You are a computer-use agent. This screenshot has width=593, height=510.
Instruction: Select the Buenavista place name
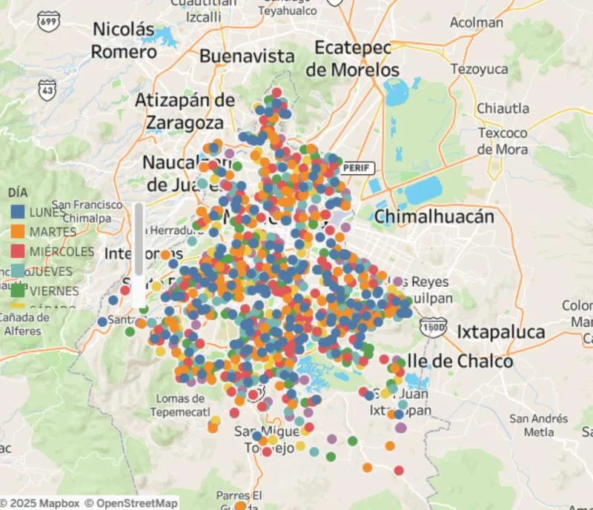point(247,56)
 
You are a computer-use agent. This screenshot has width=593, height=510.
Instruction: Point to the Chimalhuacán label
point(434,217)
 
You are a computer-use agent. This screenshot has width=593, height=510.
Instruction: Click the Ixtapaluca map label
point(500,331)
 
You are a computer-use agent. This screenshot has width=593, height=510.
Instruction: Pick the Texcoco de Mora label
point(503,141)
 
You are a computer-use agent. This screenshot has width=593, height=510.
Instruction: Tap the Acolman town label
point(477,22)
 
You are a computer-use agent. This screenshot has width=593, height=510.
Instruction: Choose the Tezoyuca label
point(479,69)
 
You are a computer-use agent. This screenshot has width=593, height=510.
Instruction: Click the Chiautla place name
point(503,108)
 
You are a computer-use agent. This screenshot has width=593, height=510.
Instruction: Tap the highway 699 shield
point(50,22)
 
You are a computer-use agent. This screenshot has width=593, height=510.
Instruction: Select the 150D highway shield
point(433,326)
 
